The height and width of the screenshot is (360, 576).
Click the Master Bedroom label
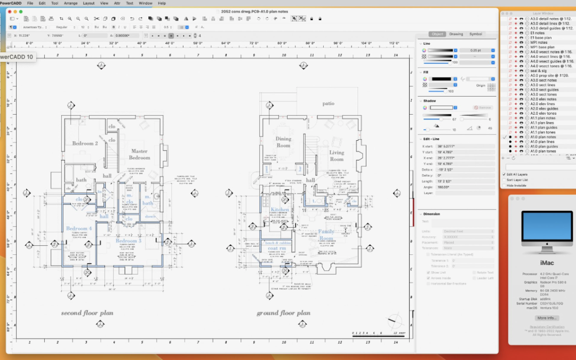tap(139, 154)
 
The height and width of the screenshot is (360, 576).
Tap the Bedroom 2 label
tap(85, 143)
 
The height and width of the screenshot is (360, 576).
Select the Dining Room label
tap(283, 142)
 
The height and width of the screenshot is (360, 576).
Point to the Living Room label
tap(337, 155)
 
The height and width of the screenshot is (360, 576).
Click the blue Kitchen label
tap(279, 210)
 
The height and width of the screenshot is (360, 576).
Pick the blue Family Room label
tap(326, 235)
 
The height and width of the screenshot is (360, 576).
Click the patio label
tap(327, 103)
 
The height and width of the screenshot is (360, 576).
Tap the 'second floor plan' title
tap(87, 313)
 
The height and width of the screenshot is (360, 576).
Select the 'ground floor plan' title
tap(283, 313)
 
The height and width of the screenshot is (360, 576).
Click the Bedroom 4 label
tap(79, 229)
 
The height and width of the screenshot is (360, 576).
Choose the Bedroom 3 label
tap(129, 241)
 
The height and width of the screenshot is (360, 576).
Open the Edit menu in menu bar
tap(42, 3)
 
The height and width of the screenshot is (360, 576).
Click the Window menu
tap(145, 3)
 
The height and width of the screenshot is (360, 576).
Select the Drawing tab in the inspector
tap(456, 34)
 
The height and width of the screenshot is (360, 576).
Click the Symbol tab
tap(476, 34)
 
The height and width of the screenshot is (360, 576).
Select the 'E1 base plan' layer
tap(541, 38)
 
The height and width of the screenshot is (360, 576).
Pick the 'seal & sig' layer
tap(538, 70)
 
